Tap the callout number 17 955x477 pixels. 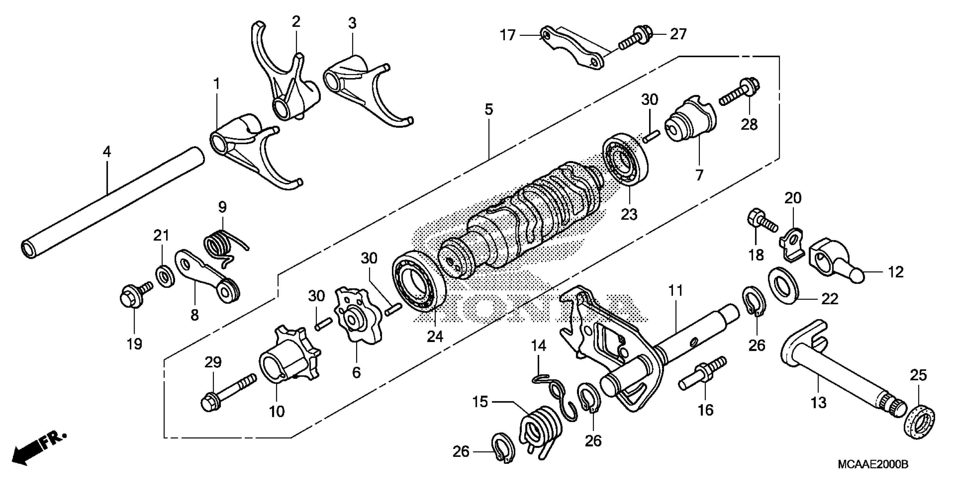point(508,35)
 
